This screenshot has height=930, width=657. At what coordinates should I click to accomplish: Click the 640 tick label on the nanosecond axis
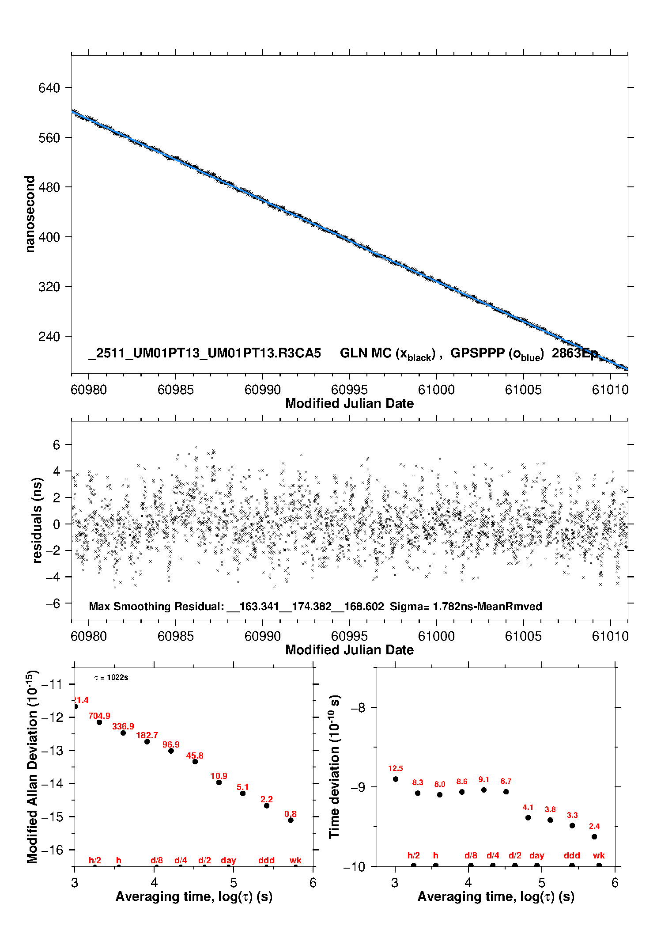pos(49,88)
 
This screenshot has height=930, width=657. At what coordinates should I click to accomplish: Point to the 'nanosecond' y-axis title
pos(30,214)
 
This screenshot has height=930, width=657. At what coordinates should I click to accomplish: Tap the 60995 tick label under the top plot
pos(349,390)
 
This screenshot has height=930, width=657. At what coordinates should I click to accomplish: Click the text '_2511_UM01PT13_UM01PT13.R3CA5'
pos(204,353)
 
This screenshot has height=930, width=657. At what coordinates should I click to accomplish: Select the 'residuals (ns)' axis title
pos(37,520)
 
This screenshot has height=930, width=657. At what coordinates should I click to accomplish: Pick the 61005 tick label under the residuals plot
pos(523,636)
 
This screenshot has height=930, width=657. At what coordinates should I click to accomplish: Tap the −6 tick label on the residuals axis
pos(53,604)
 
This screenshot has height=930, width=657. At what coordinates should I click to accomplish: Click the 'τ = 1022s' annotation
pos(111,678)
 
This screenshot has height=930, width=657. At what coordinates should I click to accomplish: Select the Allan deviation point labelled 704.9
pos(99,722)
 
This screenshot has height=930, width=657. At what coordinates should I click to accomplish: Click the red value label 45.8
pos(195,755)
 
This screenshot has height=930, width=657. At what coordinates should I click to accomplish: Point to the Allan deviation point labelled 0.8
pos(291,820)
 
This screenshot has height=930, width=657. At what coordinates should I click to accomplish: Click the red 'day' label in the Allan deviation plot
pos(228,860)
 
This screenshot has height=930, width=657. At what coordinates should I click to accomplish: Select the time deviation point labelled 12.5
pos(396,779)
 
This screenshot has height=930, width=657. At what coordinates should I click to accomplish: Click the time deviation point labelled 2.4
pos(594,837)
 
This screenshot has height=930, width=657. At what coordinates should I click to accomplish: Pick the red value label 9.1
pos(484,779)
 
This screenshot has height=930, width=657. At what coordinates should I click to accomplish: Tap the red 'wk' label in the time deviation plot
pos(599,856)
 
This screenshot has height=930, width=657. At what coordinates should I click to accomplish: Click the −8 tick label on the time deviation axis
pos(358,708)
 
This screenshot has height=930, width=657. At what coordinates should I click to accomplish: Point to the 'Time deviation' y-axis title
pos(334,767)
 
